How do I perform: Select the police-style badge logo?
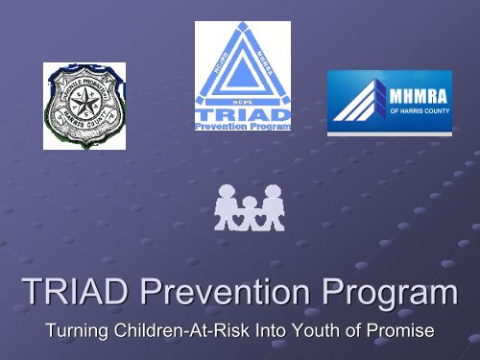click(84, 105)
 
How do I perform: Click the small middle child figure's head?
click(249, 204)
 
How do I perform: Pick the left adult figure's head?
click(226, 192)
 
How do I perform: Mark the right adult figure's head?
click(273, 192)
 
